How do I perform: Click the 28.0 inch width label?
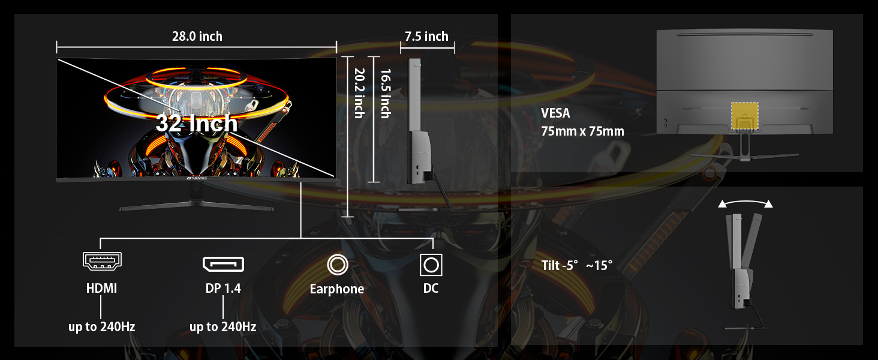point(197,37)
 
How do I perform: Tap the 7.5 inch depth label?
point(426,37)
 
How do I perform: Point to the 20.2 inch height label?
point(359,93)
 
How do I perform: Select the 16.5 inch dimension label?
point(385,93)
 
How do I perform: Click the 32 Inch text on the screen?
point(196,124)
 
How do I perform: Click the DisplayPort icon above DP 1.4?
point(223,263)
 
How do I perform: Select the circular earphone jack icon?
point(337,264)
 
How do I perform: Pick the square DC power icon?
point(431,264)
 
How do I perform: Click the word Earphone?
point(337,289)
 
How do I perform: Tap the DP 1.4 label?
point(223,289)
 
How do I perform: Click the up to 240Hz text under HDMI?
point(101,327)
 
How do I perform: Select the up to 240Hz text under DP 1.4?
point(223,327)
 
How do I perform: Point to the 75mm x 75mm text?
point(582,131)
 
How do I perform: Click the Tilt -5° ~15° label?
point(577,265)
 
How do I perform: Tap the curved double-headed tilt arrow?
point(745,203)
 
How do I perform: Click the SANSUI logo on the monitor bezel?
point(196,178)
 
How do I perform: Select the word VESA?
point(555,113)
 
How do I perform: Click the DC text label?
point(431,289)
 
